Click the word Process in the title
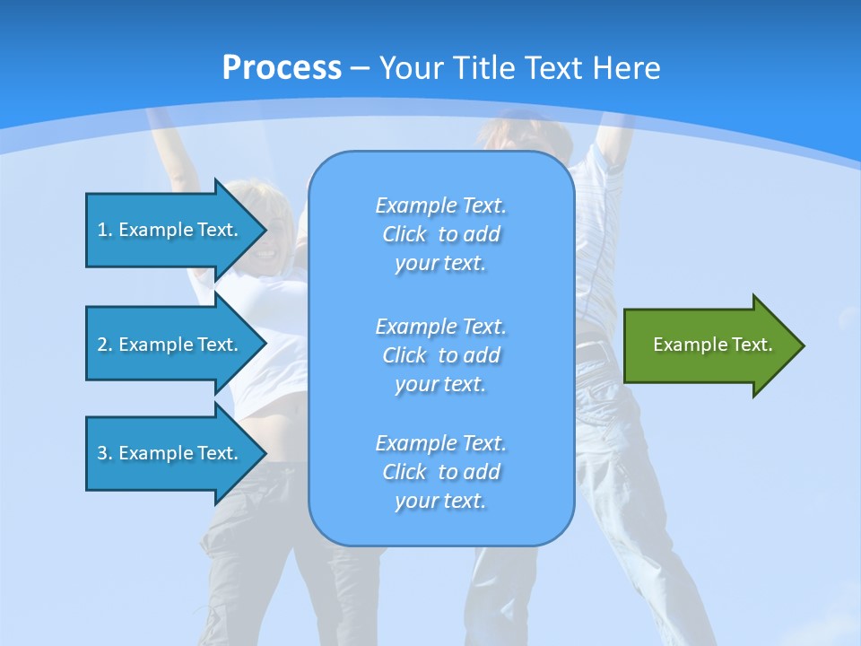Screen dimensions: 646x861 282,68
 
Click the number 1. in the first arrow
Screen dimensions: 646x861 105,230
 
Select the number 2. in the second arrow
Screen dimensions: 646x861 105,345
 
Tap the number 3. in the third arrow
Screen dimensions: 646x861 105,453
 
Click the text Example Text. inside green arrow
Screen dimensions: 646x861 712,345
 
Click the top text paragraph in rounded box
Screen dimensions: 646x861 440,234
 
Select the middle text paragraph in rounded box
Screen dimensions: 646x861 440,355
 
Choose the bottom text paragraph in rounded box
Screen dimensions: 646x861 440,472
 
